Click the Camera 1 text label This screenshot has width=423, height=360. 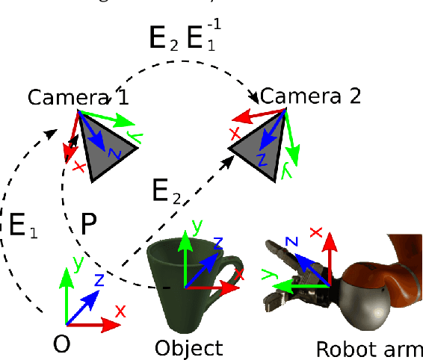pos(78,98)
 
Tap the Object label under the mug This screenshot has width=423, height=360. pos(188,347)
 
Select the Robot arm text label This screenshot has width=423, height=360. pos(370,349)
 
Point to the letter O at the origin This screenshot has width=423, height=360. pos(64,344)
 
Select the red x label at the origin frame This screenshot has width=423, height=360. pos(120,309)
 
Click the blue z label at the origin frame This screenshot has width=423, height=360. pos(98,280)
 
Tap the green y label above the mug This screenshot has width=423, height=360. pos(194,225)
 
